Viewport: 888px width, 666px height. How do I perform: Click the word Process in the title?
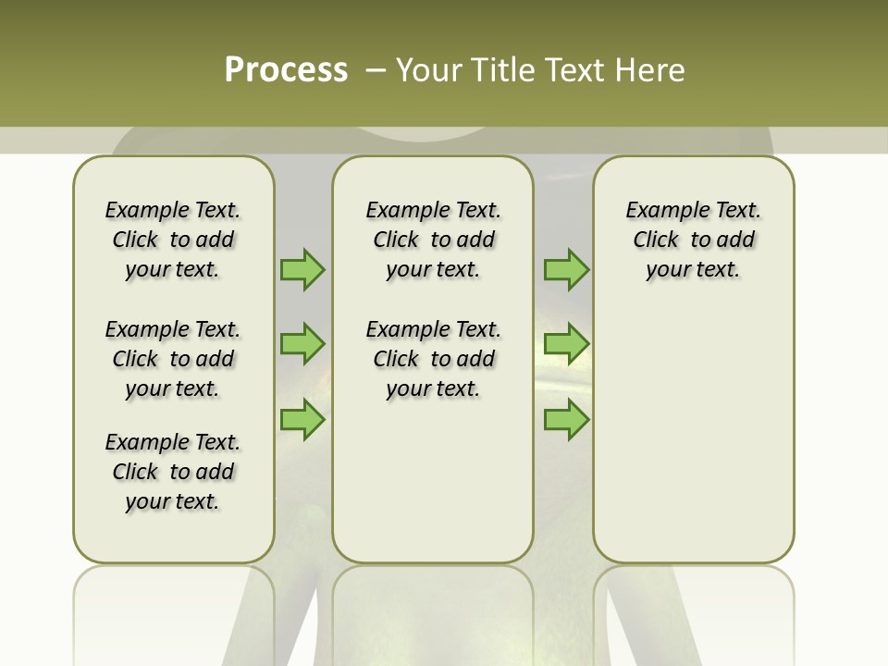point(286,70)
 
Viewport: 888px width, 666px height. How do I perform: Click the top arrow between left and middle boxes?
point(302,269)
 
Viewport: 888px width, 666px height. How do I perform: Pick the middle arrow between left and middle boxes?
point(302,344)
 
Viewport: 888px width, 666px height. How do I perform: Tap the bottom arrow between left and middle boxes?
point(302,420)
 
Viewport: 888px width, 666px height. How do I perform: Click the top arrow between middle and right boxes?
point(566,269)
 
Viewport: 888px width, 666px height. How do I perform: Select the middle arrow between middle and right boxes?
point(566,344)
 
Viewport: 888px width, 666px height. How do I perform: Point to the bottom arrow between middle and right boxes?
point(566,420)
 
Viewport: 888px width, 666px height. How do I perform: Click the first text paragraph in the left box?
point(173,240)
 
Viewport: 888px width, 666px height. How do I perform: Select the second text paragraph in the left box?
point(173,359)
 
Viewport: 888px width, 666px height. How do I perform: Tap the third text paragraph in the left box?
point(173,472)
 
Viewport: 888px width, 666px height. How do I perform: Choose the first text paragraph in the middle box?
point(433,240)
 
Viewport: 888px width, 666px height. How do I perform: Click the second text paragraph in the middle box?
point(433,359)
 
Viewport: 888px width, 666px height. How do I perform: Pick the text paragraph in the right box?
point(694,240)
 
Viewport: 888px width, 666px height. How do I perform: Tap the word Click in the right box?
point(656,240)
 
